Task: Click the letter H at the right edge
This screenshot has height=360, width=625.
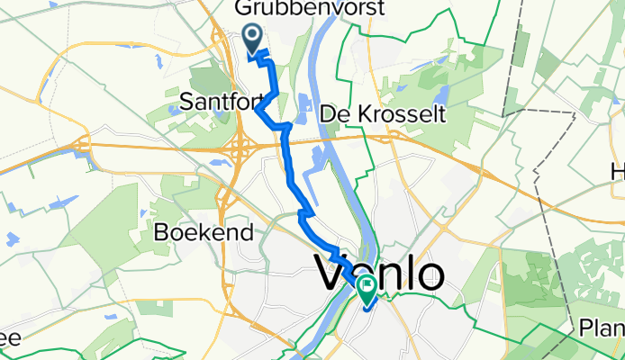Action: click(x=618, y=171)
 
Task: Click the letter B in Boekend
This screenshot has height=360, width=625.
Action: click(x=160, y=231)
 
